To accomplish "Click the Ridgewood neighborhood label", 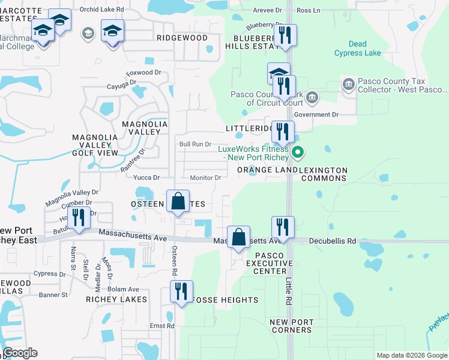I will (x=182, y=38).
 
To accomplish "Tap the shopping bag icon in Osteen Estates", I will (x=178, y=202).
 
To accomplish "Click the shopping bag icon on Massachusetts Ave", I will (x=239, y=237).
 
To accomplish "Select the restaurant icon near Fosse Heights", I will (x=180, y=292).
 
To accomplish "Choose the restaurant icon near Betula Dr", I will (x=78, y=218).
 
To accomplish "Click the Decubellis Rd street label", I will (x=333, y=241).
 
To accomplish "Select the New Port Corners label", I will (x=292, y=326).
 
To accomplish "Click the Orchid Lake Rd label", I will (x=105, y=10).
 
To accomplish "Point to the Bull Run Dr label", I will (x=196, y=144).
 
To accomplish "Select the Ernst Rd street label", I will (x=162, y=326).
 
